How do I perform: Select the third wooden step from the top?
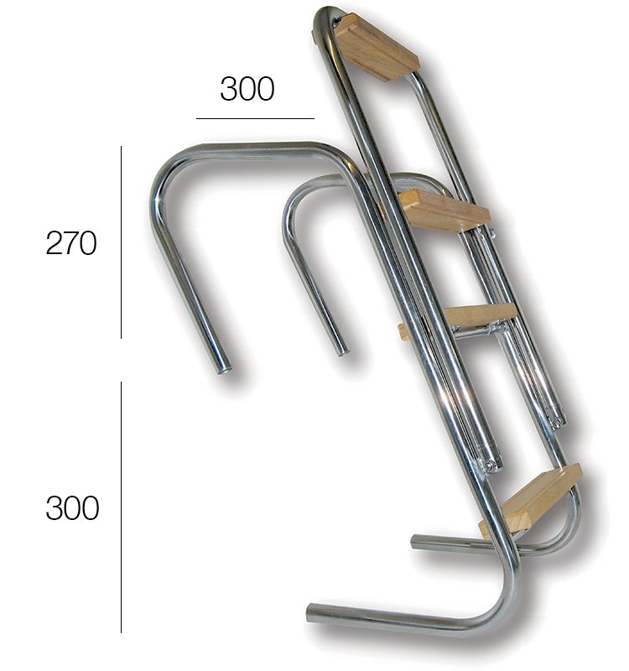(479, 315)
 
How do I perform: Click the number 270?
(71, 243)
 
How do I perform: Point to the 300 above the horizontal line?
(247, 89)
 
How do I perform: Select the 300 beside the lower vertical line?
(72, 508)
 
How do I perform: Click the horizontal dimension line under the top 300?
(255, 118)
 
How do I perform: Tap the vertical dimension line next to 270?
(121, 242)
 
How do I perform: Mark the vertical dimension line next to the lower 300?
(121, 507)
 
